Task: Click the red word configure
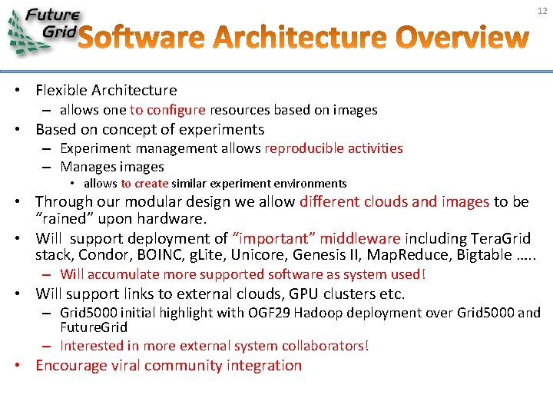click(176, 110)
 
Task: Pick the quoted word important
click(270, 238)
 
